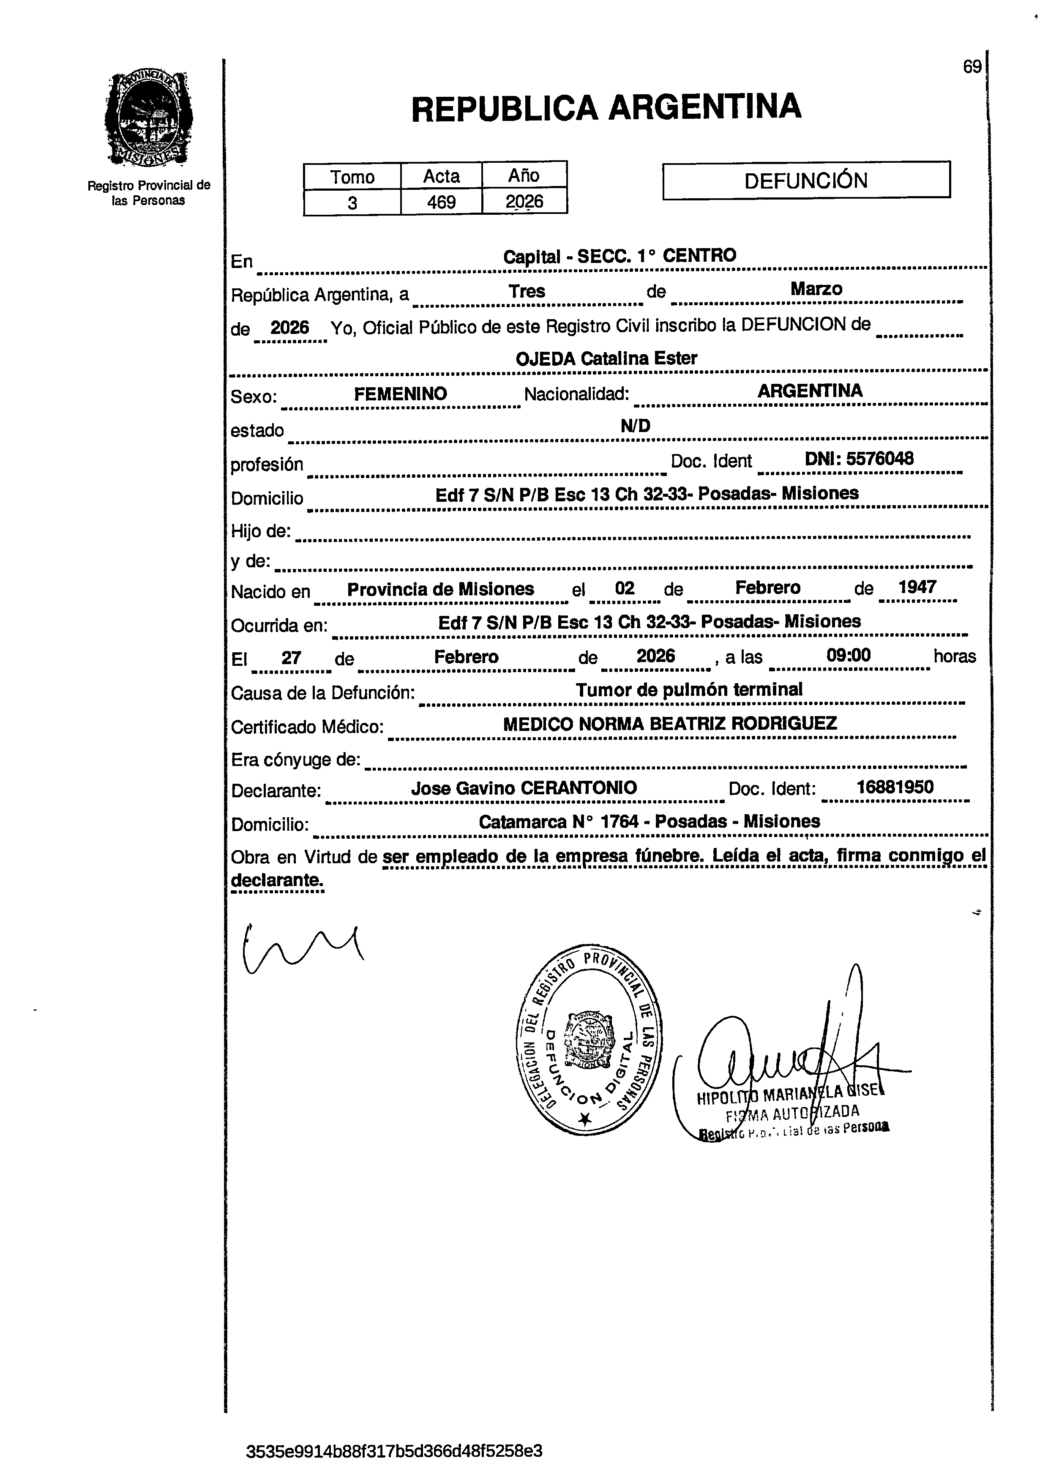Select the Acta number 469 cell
[442, 202]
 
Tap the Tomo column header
[352, 177]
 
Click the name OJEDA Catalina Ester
[606, 359]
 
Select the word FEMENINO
[400, 394]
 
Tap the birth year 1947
[917, 587]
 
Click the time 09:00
[848, 656]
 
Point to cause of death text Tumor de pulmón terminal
[688, 690]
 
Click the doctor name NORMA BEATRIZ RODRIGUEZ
[707, 724]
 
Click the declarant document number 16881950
[895, 787]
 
